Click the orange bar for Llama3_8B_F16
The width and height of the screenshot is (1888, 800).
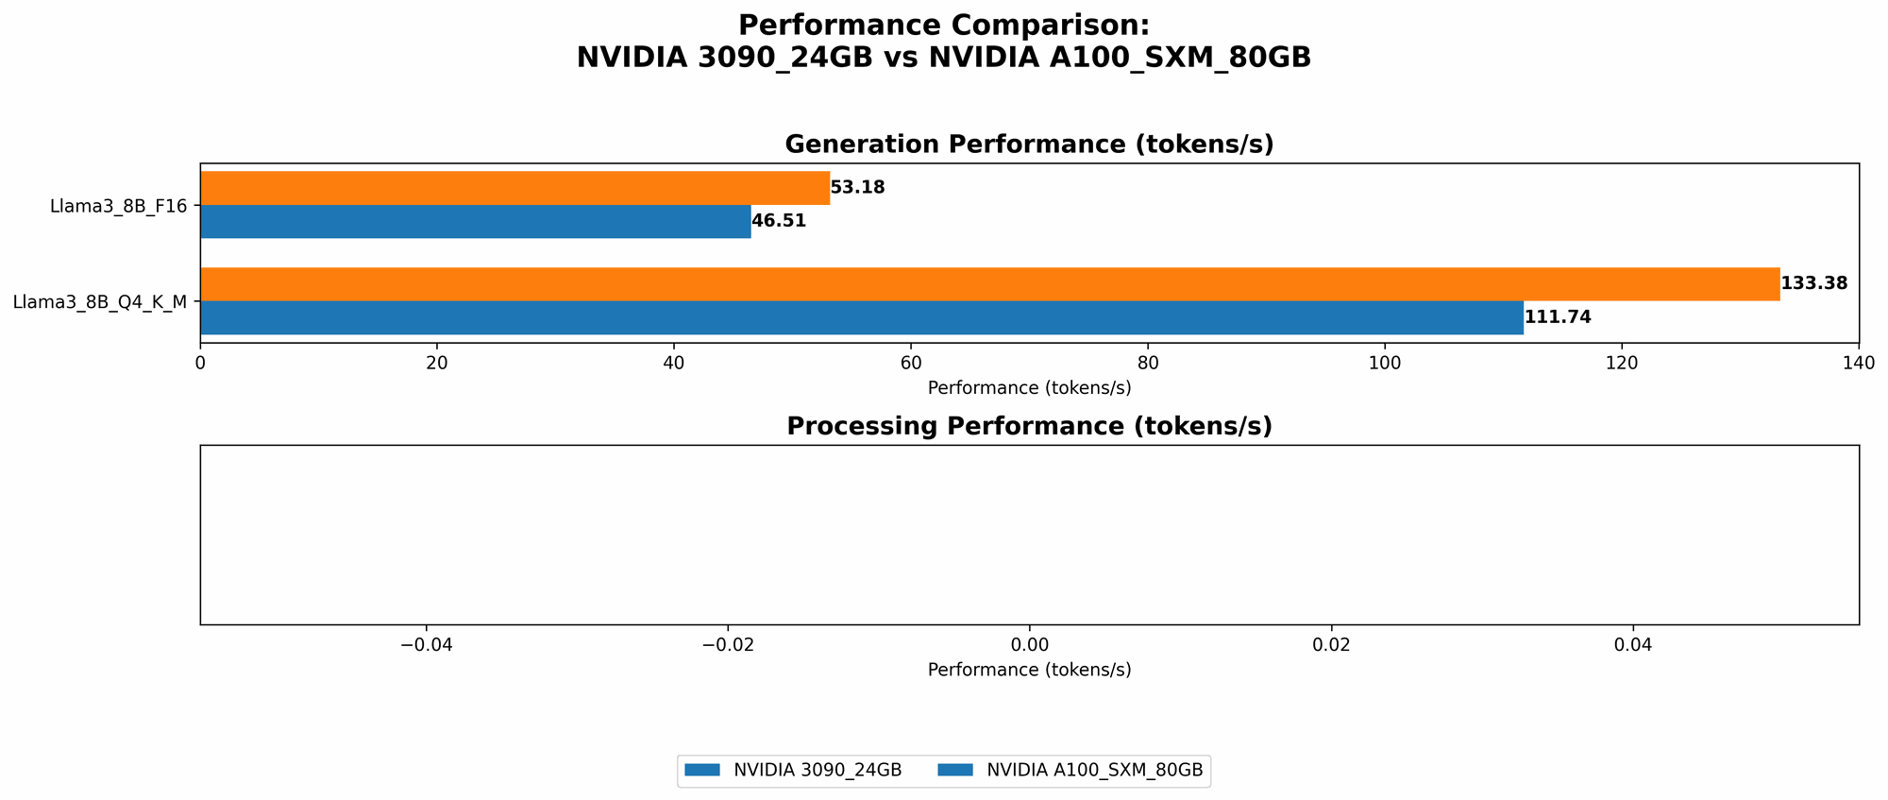514,188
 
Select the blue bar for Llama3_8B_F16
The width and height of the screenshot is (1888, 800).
475,221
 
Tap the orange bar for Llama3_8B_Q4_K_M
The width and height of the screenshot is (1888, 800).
989,284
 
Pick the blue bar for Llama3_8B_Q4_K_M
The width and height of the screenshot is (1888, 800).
861,317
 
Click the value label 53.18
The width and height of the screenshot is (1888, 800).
858,188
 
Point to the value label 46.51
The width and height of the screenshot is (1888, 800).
779,221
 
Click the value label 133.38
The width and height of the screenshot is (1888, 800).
1813,283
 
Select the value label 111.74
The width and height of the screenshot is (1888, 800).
1558,317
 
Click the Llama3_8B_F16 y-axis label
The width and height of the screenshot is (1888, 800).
118,205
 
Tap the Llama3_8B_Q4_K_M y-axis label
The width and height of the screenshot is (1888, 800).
99,302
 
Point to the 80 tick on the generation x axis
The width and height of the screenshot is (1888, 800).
1148,364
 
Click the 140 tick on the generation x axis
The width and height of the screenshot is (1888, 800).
1859,364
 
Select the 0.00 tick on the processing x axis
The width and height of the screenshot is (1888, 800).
1030,645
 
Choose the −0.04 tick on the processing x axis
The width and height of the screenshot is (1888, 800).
426,645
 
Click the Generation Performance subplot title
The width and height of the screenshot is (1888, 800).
1029,145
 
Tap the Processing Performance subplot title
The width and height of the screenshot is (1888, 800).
1029,426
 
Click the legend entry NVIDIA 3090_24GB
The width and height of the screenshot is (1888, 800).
817,771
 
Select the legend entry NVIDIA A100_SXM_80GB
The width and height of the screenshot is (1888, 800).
1094,771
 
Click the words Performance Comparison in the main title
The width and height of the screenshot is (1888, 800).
944,26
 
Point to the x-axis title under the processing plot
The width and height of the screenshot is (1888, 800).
1029,670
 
